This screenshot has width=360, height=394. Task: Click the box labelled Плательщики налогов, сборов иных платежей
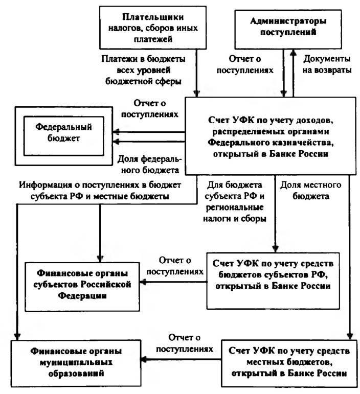coord(153,28)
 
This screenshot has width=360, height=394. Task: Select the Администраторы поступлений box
coord(288,30)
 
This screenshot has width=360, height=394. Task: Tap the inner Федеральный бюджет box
coord(63,136)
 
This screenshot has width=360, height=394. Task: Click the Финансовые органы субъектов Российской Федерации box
coord(82,287)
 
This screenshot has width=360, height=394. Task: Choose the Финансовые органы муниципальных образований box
coord(76,363)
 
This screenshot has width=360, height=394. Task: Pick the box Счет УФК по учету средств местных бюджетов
coord(289,363)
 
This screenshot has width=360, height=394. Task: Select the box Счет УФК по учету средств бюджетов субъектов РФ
coord(273,281)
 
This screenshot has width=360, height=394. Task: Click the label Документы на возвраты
coord(327,64)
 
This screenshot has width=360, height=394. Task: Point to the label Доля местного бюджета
coord(311,191)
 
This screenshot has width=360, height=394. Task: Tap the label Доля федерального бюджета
coord(149,165)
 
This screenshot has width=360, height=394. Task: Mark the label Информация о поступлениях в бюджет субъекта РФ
coord(100,191)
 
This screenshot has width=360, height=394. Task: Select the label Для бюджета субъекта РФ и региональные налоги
coord(235,202)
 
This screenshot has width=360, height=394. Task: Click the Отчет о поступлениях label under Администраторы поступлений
coord(245,64)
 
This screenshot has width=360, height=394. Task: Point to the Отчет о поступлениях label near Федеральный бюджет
coord(150,108)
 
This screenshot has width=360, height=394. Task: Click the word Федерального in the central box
coord(238,143)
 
